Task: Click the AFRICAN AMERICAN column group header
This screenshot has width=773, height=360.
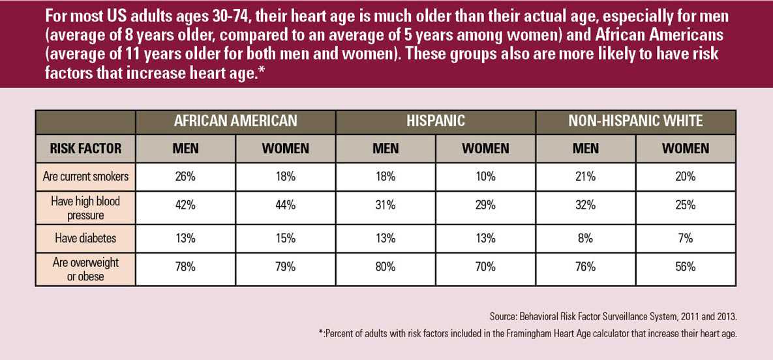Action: [235, 121]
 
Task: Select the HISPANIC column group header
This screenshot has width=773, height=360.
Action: [435, 121]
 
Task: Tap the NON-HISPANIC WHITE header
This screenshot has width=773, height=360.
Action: [635, 121]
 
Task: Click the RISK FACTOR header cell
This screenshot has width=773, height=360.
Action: [85, 149]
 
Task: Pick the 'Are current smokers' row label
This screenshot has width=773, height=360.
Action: [85, 177]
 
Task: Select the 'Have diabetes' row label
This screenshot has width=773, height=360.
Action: [85, 238]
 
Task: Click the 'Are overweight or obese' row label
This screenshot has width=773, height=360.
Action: [85, 267]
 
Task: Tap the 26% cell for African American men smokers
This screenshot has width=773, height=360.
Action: [185, 177]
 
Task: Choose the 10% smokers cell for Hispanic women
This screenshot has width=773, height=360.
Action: [485, 177]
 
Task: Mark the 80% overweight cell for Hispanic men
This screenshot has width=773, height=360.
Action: [386, 267]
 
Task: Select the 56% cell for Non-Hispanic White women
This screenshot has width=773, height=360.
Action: [685, 267]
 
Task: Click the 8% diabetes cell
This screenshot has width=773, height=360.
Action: [585, 238]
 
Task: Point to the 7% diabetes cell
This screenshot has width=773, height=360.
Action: [685, 238]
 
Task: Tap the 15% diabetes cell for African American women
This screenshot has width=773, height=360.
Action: [285, 238]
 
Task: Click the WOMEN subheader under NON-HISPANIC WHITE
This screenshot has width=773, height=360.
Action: [685, 149]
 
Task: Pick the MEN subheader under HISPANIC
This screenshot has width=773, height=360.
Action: [386, 149]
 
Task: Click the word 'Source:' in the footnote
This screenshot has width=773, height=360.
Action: [504, 316]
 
